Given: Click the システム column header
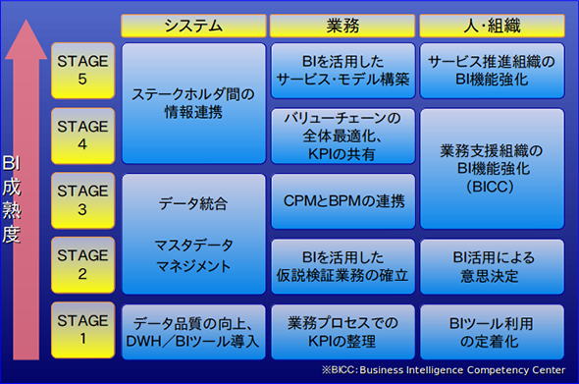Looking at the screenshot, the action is (193, 26).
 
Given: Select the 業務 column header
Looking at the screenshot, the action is (342, 26).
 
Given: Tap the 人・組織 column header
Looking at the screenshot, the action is (492, 26).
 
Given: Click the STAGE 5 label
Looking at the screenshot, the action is (82, 71).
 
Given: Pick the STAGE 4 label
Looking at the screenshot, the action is (82, 136).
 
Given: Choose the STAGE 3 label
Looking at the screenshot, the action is (82, 200).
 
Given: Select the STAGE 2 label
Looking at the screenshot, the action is (82, 265).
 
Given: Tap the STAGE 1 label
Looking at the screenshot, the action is (82, 330).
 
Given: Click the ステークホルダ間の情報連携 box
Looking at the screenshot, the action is (193, 103).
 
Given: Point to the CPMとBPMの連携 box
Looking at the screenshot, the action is (343, 201).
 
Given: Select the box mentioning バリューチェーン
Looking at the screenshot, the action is (343, 136).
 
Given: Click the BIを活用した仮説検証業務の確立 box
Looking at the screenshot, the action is (343, 266).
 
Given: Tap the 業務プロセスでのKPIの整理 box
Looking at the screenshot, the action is (343, 332).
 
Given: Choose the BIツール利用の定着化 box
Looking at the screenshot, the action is (492, 332).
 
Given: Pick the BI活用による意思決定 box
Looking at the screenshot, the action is (492, 266).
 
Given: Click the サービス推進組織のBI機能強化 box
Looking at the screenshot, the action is (492, 71).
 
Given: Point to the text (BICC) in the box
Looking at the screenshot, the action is (490, 187).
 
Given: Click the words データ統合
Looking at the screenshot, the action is (193, 203).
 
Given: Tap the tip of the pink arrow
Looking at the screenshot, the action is (26, 20).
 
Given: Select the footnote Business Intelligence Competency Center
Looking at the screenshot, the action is (462, 370).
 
